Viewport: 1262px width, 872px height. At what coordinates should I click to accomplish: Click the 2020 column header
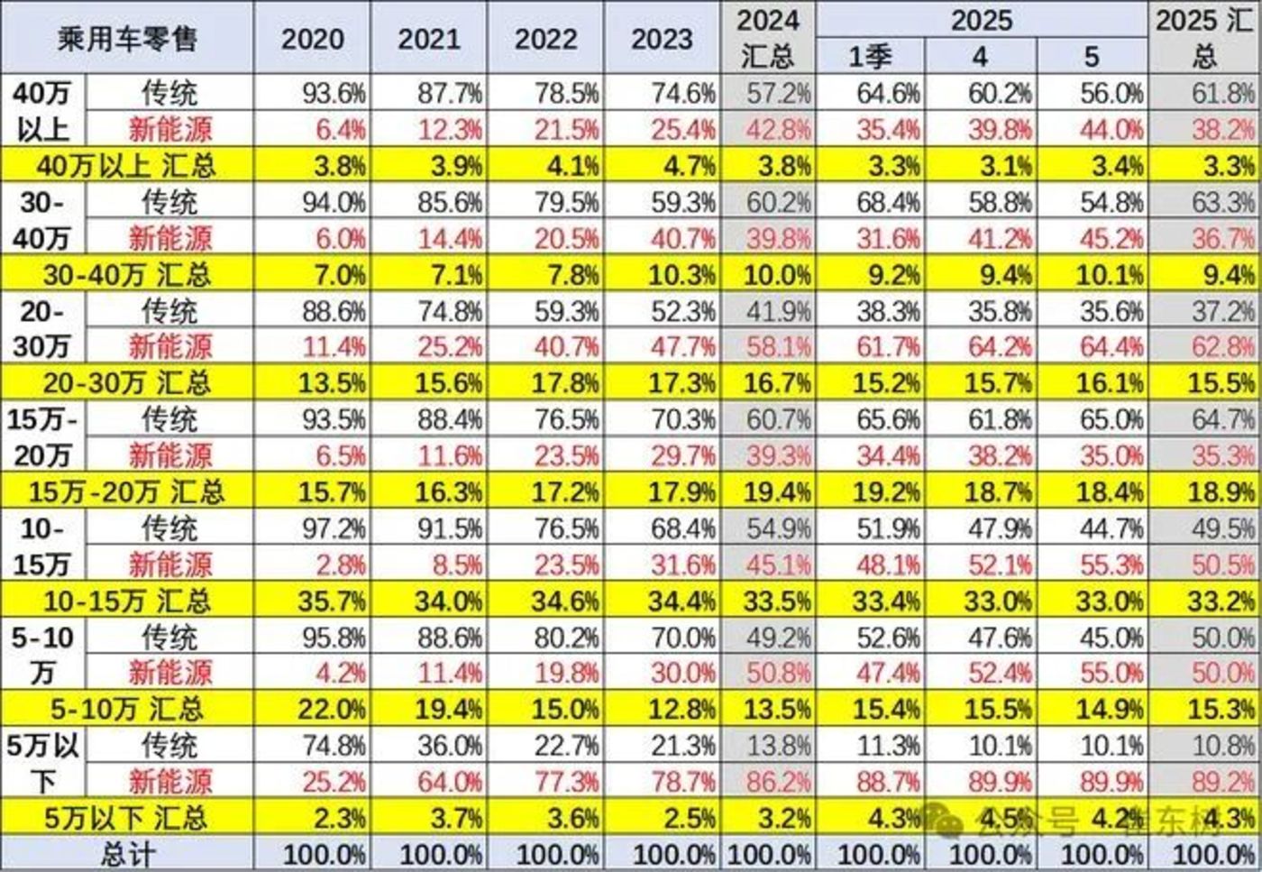tap(312, 39)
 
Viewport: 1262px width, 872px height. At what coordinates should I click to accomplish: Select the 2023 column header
tap(663, 39)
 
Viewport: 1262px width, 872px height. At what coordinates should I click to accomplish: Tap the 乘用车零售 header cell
tap(127, 39)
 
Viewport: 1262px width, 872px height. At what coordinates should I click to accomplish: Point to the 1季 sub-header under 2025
tap(870, 57)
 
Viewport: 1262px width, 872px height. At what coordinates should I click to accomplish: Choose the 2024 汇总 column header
tap(767, 38)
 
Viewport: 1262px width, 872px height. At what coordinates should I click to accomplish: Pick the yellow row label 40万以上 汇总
tap(126, 166)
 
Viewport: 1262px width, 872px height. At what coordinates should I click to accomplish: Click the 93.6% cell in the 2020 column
tap(334, 93)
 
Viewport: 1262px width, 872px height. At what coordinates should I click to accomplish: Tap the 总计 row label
tap(127, 854)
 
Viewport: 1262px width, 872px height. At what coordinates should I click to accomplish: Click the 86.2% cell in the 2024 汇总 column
tap(778, 781)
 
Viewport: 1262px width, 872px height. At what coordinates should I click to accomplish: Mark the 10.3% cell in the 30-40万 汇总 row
tap(682, 274)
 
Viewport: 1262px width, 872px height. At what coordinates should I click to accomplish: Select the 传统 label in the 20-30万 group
tap(169, 311)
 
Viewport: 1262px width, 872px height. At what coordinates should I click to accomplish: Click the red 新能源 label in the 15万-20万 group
tap(169, 455)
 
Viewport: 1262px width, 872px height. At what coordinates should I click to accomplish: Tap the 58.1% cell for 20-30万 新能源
tap(778, 347)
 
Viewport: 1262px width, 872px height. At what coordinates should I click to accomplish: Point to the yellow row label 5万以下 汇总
tap(126, 818)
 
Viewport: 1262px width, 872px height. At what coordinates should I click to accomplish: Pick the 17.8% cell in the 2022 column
tap(565, 383)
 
